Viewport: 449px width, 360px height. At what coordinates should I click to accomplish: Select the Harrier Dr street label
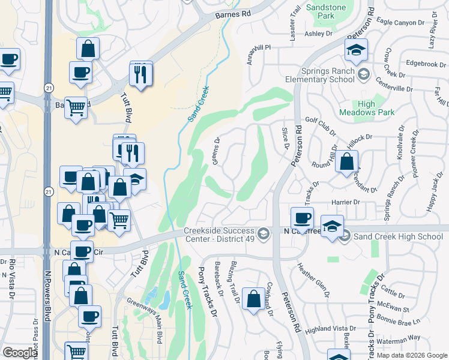tap(345, 203)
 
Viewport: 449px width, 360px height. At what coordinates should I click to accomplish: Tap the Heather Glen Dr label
tap(313, 280)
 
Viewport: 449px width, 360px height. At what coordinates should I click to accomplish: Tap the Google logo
tap(19, 353)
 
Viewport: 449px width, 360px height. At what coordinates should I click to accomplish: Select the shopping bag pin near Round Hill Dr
tap(346, 161)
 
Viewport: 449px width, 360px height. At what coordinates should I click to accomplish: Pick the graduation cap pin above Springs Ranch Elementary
tap(356, 50)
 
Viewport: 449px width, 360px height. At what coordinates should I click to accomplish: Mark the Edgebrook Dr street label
tap(426, 64)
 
